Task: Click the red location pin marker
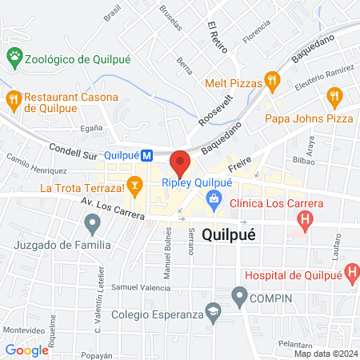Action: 180,162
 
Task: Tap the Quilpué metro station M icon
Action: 147,156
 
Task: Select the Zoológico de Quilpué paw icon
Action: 14,56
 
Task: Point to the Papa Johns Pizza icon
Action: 334,98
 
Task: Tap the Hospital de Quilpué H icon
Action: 352,274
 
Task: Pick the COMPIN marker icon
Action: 238,298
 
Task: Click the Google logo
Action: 26,350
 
